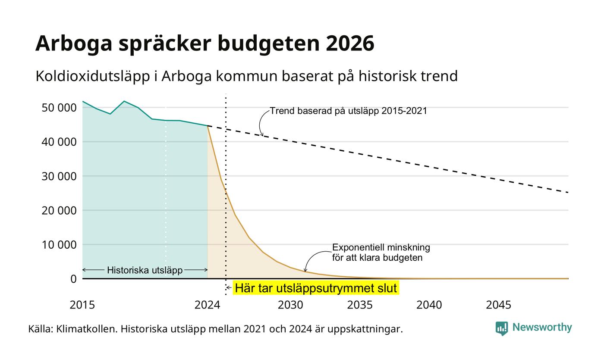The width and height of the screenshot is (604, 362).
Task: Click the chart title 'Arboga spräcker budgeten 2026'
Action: pos(204,44)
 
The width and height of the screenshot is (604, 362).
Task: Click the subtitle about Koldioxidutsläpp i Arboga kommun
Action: pos(247,76)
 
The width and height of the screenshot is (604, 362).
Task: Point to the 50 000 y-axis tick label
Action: pos(59,108)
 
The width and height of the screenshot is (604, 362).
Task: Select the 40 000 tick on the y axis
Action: pos(59,142)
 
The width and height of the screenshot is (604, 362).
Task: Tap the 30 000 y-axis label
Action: pos(59,176)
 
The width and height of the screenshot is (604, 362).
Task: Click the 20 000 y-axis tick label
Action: pos(59,210)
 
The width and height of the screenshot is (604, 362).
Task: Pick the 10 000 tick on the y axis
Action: pos(59,245)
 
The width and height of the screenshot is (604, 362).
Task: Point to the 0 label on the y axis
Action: pos(74,279)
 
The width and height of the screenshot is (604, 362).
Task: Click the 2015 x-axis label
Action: pos(82,305)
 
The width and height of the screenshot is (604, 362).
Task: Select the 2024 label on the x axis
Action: pos(208,305)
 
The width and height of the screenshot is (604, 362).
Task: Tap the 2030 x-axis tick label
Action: pos(290,305)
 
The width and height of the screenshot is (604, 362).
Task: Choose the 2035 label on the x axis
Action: pos(360,305)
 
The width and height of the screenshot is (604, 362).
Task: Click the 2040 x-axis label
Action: pos(429,305)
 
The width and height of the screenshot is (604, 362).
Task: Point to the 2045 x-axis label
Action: pos(499,305)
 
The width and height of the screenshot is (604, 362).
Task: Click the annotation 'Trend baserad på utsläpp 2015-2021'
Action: pos(349,111)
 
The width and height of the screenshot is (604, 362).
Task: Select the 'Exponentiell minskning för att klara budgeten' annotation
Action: pos(381,253)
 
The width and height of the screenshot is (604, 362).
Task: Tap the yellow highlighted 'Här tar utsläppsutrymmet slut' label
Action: pos(316,288)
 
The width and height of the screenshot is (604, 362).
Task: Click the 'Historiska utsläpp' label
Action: pos(145,270)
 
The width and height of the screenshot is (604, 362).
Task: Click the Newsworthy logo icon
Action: pos(501,328)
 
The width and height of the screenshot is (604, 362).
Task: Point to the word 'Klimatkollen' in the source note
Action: pos(87,329)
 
